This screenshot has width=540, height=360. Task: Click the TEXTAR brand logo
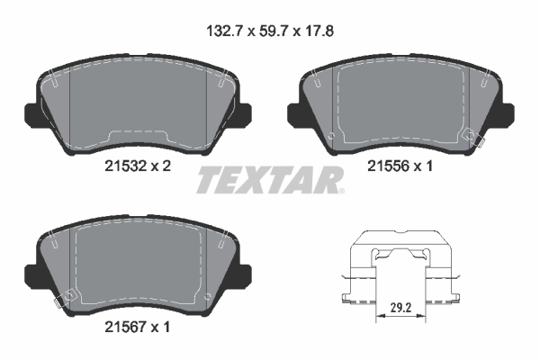click(268, 180)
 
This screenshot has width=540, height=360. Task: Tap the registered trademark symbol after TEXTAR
click(340, 189)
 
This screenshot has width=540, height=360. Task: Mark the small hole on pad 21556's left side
click(331, 136)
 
